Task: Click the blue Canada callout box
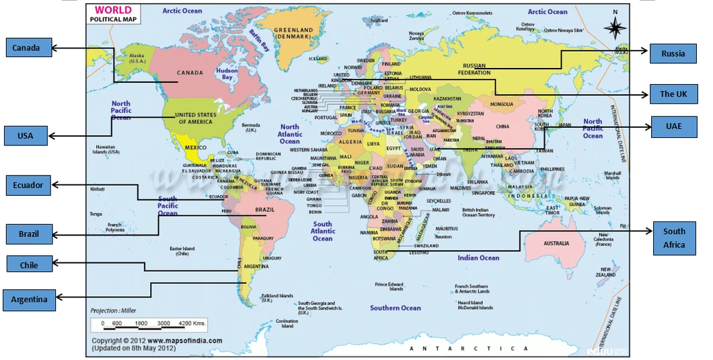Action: tap(26, 48)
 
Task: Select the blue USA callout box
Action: tap(26, 136)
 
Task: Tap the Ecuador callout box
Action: tap(28, 185)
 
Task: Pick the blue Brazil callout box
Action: tap(29, 234)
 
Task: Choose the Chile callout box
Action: tap(29, 265)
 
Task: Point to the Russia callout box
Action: tap(673, 53)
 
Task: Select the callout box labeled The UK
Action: tap(673, 94)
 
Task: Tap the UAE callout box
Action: tap(673, 126)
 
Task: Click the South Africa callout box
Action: tap(674, 238)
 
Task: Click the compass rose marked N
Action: tap(615, 26)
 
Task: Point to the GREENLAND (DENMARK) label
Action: tap(293, 33)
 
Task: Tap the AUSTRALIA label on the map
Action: tap(556, 243)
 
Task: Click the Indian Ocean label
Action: tap(478, 258)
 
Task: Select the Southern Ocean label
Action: tap(395, 308)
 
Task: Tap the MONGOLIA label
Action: tap(501, 104)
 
